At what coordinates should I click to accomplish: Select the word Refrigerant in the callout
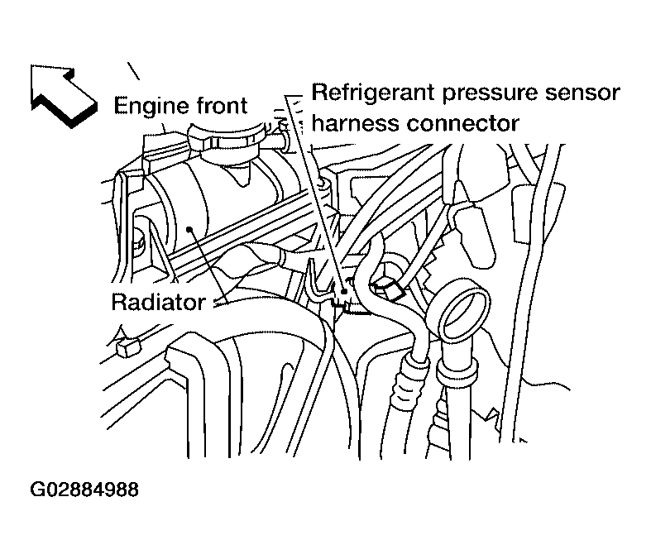click(x=372, y=92)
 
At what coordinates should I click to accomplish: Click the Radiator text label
click(x=158, y=302)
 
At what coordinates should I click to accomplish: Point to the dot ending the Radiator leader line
click(x=191, y=233)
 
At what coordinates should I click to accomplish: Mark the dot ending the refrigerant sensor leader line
click(x=342, y=293)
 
